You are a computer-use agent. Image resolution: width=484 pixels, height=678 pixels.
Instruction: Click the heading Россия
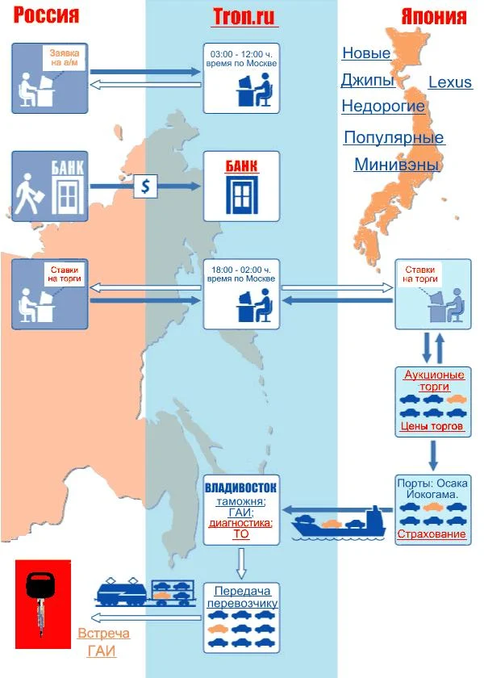point(47,15)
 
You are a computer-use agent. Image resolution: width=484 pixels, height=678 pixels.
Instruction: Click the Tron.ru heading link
point(241,16)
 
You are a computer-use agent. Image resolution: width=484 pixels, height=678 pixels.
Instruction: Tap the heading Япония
point(434,17)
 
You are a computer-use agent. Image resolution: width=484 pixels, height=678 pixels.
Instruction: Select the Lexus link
point(450,82)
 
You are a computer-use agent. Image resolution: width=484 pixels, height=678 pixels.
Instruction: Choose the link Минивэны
point(396,165)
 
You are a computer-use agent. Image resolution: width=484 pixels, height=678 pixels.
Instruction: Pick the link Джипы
point(367,81)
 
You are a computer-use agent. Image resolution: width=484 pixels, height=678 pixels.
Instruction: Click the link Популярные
point(394,137)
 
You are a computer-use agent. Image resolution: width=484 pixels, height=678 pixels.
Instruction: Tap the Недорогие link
point(383,107)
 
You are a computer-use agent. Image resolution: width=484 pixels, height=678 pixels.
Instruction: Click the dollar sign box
point(145,186)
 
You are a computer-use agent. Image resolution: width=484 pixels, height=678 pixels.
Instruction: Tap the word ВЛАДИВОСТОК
point(241,488)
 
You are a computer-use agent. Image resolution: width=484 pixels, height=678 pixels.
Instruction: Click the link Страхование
point(431,534)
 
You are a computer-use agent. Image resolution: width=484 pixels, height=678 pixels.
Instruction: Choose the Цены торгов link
point(432,425)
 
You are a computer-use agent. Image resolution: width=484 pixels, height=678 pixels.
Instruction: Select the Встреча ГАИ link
point(103,642)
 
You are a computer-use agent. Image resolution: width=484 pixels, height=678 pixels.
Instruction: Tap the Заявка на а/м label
point(62,57)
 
